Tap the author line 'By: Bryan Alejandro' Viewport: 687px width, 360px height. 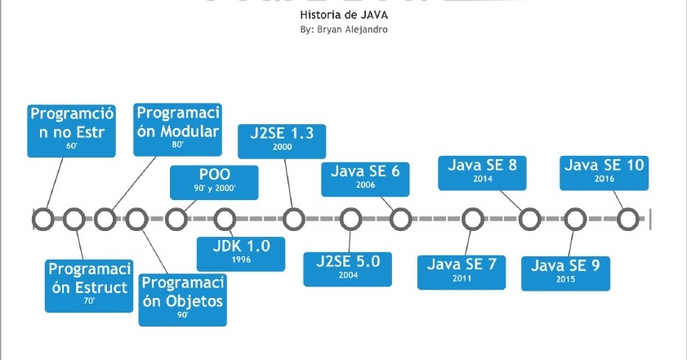coord(343,30)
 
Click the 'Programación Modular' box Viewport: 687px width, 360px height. coord(178,129)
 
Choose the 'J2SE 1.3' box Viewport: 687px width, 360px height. coord(282,140)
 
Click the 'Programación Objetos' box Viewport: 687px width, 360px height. coord(182,298)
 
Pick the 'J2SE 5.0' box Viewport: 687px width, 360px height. coord(348,267)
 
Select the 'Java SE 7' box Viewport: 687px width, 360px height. coord(462,271)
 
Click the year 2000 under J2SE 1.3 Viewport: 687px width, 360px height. coord(283,148)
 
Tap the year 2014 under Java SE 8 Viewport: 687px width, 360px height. coord(483,180)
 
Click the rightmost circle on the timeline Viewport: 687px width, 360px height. coord(627,219)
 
